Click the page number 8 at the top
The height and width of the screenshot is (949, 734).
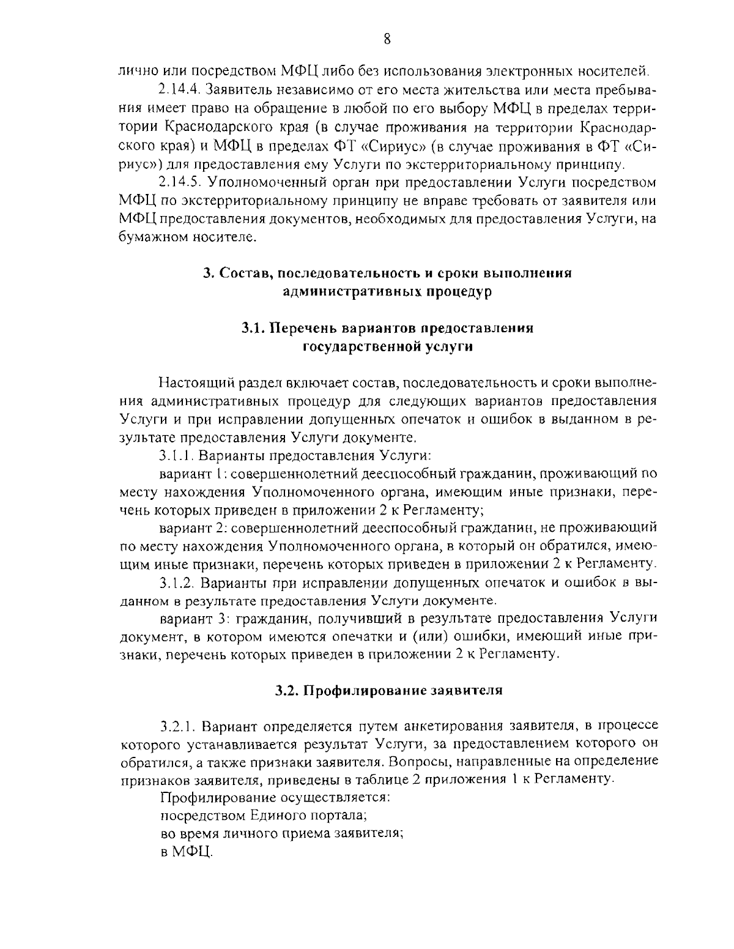tap(387, 39)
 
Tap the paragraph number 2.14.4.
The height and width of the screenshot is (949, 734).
tap(179, 91)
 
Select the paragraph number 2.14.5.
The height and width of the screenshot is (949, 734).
tap(179, 182)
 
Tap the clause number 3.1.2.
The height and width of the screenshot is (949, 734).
tap(178, 581)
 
